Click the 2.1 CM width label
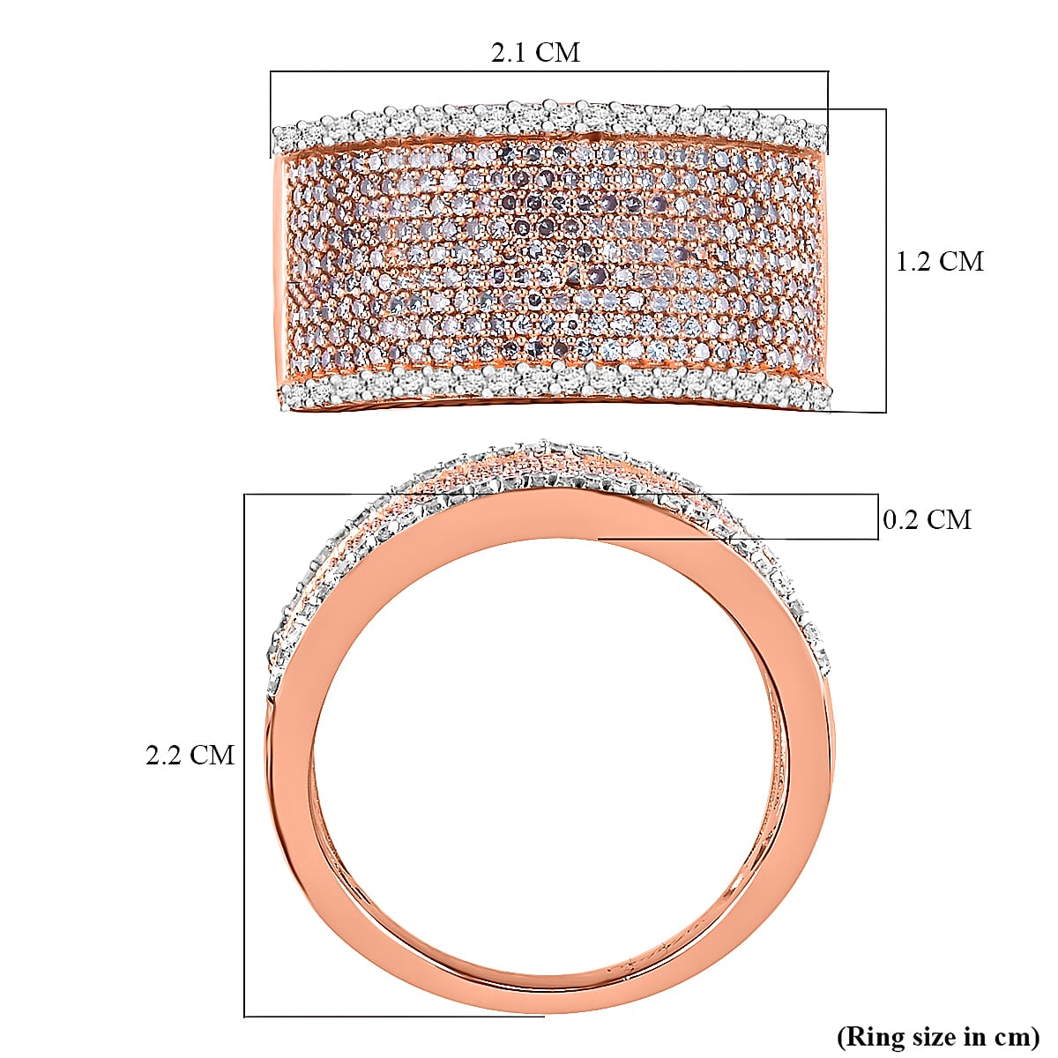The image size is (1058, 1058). click(x=535, y=53)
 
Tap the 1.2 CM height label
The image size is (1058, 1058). click(x=939, y=262)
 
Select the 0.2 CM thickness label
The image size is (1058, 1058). click(x=927, y=520)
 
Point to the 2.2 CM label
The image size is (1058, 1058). click(x=190, y=756)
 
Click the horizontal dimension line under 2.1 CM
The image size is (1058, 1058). click(x=548, y=72)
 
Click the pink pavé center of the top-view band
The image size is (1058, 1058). click(x=551, y=256)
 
